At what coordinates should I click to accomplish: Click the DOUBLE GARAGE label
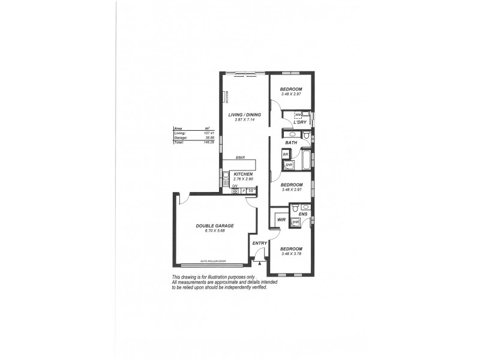[x=215, y=226]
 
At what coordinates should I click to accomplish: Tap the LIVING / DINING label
[x=244, y=114]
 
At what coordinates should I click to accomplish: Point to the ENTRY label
[x=259, y=242]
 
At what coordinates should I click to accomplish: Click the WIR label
[x=280, y=220]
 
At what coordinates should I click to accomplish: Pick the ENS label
[x=302, y=214]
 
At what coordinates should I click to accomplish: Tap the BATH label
[x=291, y=143]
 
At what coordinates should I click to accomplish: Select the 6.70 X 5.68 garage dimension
[x=215, y=231]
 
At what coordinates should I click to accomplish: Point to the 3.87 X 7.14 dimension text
[x=244, y=119]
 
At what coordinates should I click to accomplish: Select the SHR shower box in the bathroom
[x=289, y=164]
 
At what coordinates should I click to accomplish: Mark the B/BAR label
[x=239, y=158]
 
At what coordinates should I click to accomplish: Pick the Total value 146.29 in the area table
[x=209, y=142]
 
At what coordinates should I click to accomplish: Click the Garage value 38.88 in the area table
[x=209, y=137]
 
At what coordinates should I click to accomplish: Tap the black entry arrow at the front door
[x=259, y=262]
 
